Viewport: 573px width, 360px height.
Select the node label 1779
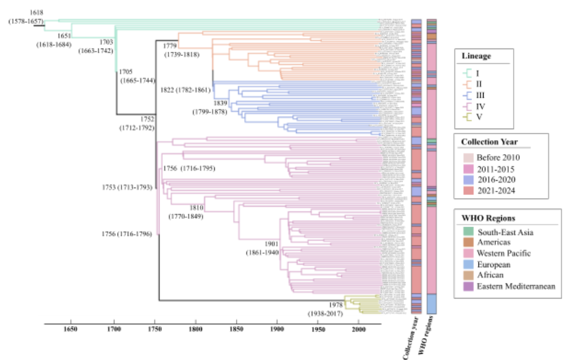coord(171,46)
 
